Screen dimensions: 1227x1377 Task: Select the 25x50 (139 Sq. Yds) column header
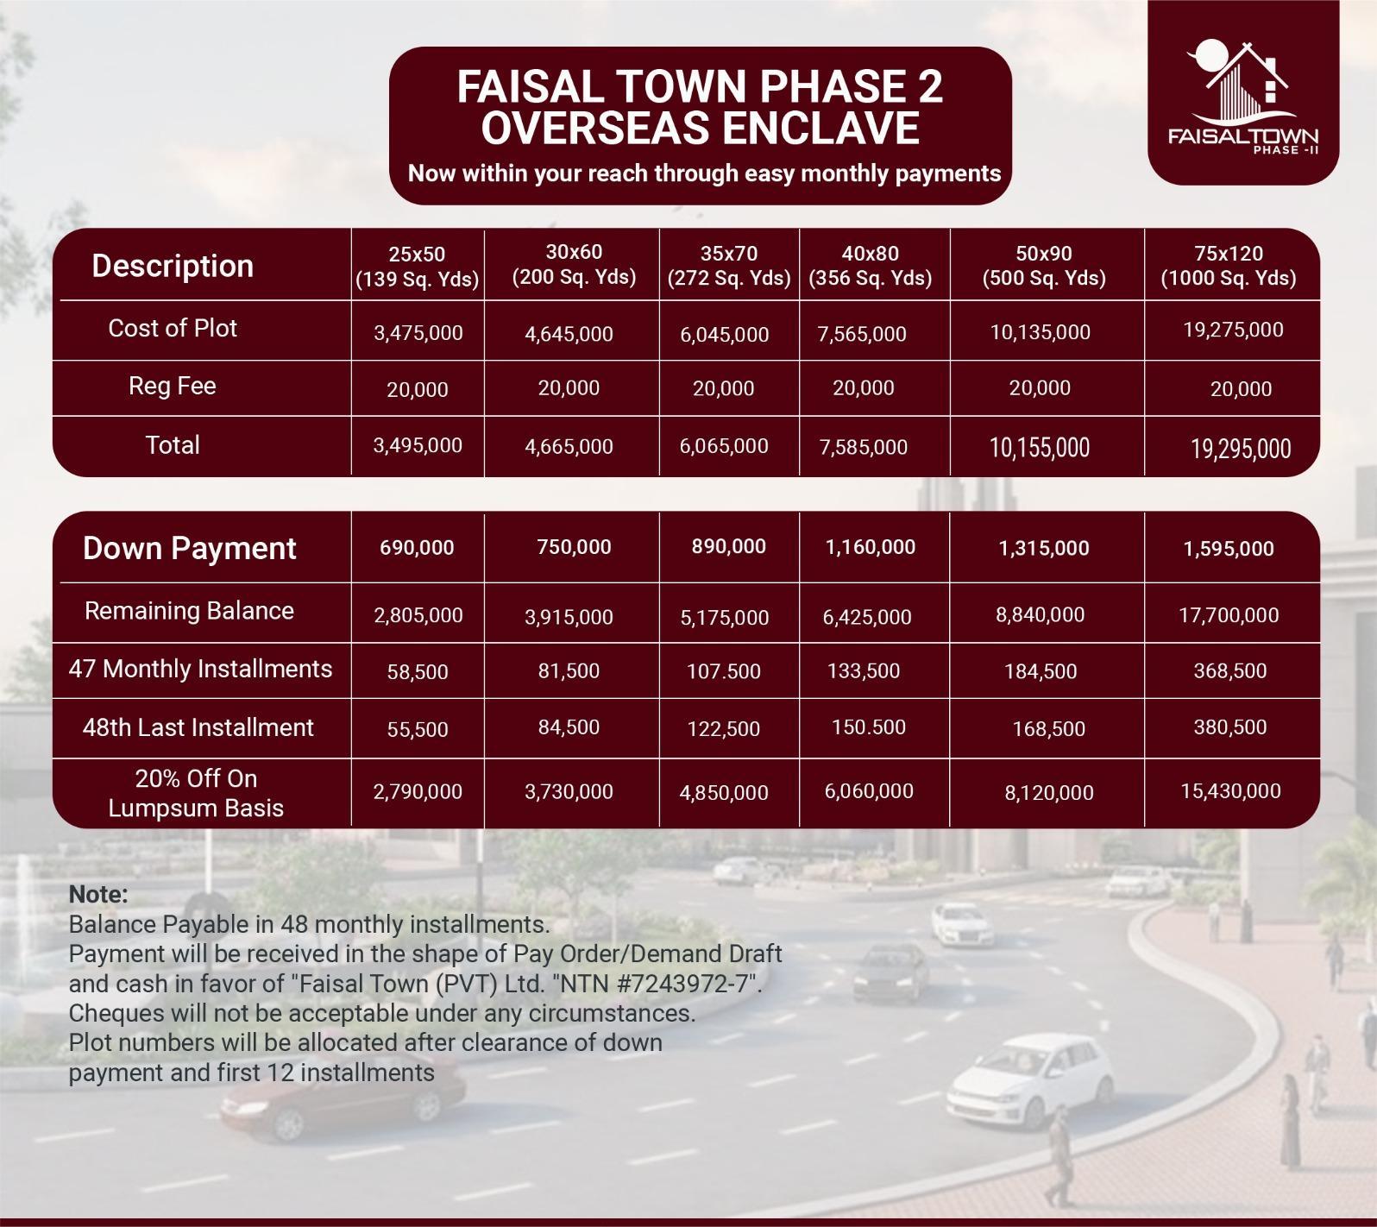pyautogui.click(x=418, y=267)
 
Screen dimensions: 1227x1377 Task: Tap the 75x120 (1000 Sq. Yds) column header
pyautogui.click(x=1229, y=266)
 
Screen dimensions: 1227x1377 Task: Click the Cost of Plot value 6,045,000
pyautogui.click(x=724, y=335)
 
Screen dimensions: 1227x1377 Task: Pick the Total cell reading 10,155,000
pyautogui.click(x=1040, y=447)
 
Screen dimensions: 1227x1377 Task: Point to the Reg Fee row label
pyautogui.click(x=173, y=386)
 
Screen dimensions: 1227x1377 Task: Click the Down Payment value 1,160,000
pyautogui.click(x=871, y=547)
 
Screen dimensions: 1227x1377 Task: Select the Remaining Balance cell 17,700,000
pyautogui.click(x=1229, y=615)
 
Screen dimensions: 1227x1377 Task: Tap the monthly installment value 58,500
pyautogui.click(x=418, y=672)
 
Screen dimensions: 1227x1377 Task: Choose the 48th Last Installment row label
pyautogui.click(x=198, y=727)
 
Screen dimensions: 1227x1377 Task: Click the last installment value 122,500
pyautogui.click(x=724, y=729)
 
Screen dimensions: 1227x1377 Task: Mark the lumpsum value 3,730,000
pyautogui.click(x=569, y=792)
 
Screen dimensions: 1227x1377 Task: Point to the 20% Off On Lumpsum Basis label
pyautogui.click(x=197, y=794)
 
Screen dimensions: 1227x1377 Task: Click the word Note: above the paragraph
pyautogui.click(x=98, y=893)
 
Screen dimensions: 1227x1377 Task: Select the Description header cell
pyautogui.click(x=173, y=266)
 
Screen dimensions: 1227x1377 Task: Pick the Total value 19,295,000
pyautogui.click(x=1241, y=449)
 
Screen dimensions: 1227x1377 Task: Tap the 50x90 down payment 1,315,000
pyautogui.click(x=1044, y=549)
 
